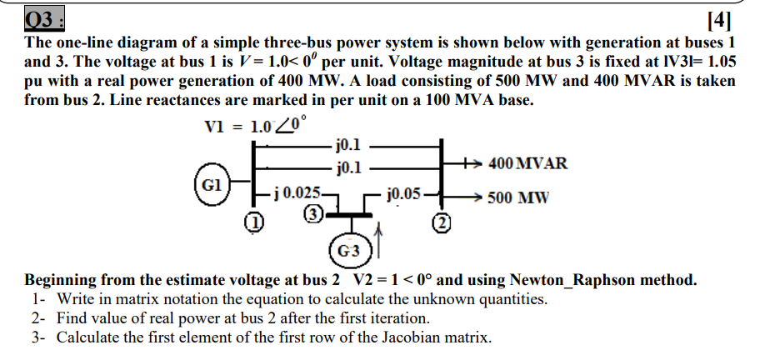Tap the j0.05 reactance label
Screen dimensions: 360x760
[404, 194]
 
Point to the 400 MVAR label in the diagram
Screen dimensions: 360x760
[528, 163]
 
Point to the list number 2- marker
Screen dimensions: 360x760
[39, 318]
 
